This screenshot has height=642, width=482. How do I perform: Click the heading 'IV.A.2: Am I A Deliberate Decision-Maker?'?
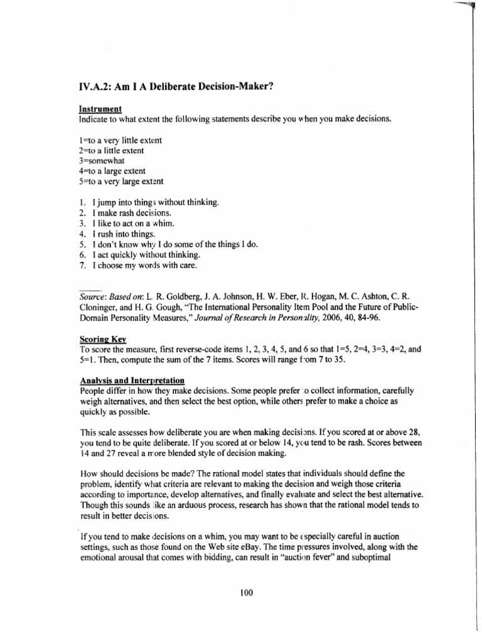[176, 87]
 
